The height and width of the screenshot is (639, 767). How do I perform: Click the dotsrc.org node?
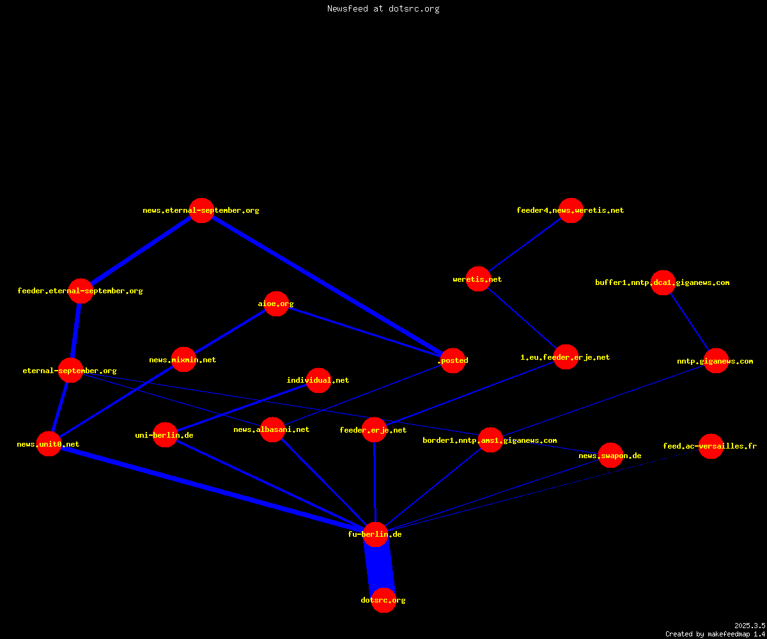pos(383,600)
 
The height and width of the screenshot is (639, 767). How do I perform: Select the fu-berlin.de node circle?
pos(375,534)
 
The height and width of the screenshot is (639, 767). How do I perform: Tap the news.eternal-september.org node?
pos(202,210)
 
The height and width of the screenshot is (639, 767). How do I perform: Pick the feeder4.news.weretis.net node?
pos(571,210)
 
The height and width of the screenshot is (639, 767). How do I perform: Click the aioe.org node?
pos(276,304)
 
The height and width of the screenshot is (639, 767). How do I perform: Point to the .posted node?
pos(453,360)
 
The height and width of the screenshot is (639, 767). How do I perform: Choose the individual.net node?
pos(318,380)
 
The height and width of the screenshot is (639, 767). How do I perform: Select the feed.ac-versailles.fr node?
pos(711,446)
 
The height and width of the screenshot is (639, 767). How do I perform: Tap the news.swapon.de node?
pos(610,456)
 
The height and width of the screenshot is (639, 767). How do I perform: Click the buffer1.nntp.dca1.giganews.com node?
pos(663,283)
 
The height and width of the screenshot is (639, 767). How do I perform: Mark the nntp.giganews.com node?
pos(716,360)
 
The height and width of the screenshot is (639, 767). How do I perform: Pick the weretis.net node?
pos(478,279)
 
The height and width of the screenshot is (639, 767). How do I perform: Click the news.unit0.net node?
pos(49,444)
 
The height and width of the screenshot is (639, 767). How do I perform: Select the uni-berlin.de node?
pos(165,435)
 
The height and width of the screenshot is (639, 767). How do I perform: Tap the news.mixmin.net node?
pos(183,360)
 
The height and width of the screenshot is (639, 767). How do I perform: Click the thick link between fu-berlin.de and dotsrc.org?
pos(380,567)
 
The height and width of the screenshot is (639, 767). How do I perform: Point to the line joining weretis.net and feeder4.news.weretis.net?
pos(525,245)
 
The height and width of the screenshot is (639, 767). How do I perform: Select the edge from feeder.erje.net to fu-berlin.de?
pos(375,482)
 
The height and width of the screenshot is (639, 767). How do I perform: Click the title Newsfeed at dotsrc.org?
pos(383,9)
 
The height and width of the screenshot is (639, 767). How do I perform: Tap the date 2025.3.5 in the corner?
pos(750,626)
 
